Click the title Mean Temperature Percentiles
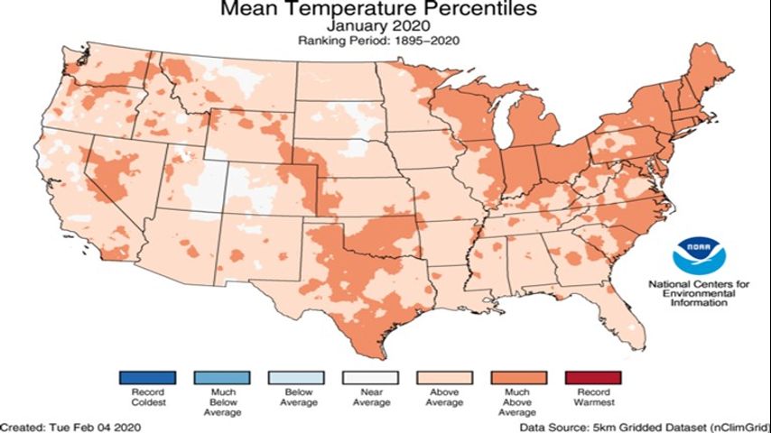[x=385, y=10]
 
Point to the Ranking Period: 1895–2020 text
[x=385, y=41]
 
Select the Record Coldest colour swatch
[x=147, y=376]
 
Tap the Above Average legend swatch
[x=444, y=376]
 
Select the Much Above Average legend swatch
[x=518, y=376]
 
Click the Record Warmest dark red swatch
[x=592, y=376]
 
